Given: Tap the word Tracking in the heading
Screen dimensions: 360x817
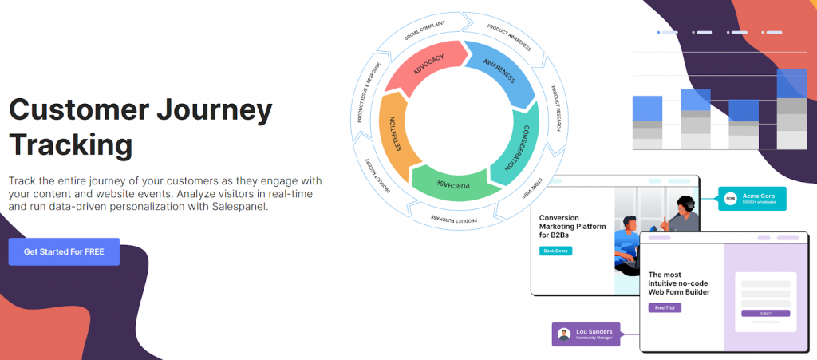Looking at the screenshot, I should tap(70, 145).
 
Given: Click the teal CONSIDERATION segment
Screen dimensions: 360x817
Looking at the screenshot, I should tap(512, 150).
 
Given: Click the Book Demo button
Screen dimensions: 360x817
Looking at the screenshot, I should tap(555, 251).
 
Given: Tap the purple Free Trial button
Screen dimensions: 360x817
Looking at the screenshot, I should tap(664, 307).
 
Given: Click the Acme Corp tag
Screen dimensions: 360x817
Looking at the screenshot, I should tap(752, 198).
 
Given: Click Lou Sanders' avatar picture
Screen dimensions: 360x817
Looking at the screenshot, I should tap(565, 334).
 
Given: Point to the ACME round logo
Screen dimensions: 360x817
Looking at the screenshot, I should tap(729, 198).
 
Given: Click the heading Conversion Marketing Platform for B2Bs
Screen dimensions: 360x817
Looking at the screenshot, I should tap(572, 226).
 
